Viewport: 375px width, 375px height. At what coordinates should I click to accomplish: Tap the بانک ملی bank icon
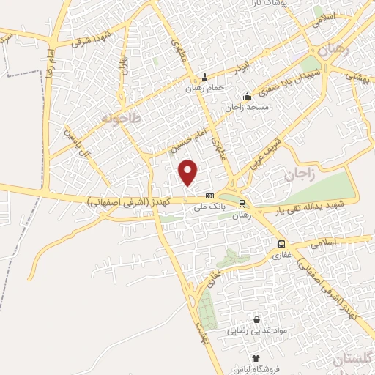pos(209,196)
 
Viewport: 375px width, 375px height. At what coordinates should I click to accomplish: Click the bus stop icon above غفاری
pos(281,244)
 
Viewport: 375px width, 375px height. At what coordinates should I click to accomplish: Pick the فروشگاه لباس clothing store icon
pos(256,358)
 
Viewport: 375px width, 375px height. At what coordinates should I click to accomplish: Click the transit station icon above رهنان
pos(242,204)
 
